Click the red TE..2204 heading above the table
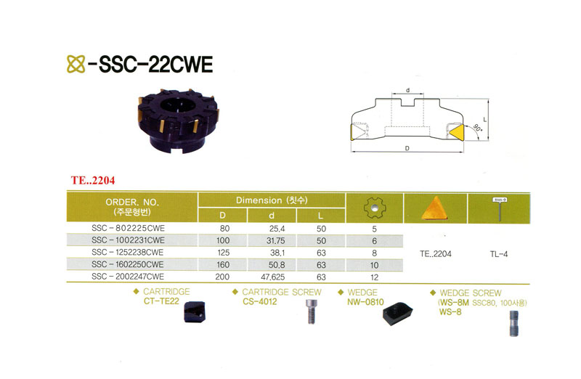point(93,180)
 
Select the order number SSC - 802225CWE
point(128,228)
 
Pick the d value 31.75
point(276,241)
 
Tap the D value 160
point(223,265)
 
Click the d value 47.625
point(273,277)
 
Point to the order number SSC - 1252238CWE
point(128,253)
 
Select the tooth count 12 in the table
point(374,277)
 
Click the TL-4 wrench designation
point(499,254)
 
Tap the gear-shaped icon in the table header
point(375,208)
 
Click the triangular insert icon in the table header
point(435,208)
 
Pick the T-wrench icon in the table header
point(500,209)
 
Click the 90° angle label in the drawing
point(477,129)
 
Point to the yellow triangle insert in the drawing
point(456,132)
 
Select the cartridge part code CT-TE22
point(161,301)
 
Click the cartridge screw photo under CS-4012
point(311,311)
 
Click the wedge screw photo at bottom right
point(513,323)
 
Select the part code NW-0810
point(365,302)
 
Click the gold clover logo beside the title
point(76,64)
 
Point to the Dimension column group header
point(272,200)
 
